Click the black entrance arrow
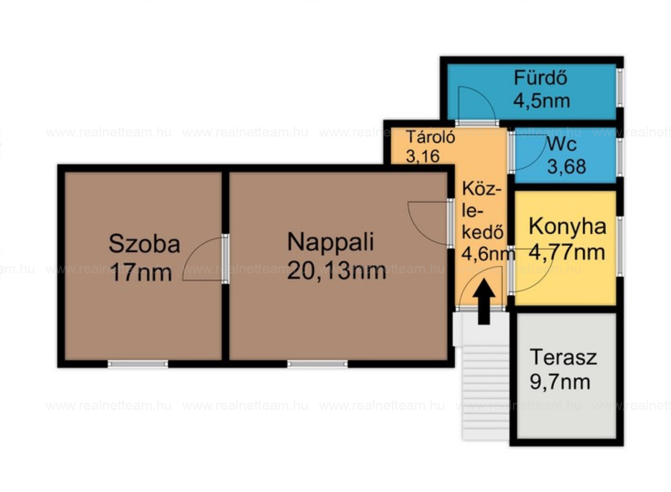484,302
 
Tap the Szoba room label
144,244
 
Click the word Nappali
331,242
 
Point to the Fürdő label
540,77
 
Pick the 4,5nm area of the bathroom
542,101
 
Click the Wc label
561,144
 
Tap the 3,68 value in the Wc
567,167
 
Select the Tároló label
431,137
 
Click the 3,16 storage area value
423,156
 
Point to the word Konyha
568,226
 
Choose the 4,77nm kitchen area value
567,252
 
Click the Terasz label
563,357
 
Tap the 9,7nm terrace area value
560,382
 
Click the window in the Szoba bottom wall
138,364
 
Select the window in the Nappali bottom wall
318,364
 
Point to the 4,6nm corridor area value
488,254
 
